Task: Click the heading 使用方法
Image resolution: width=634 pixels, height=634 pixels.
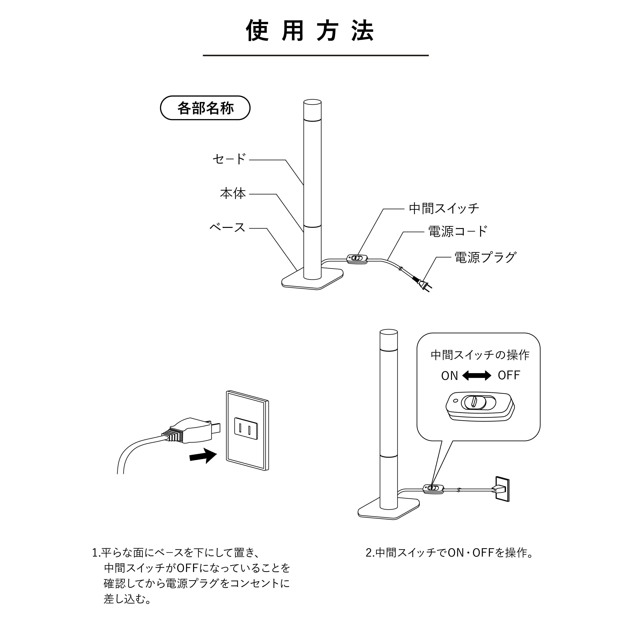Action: click(x=310, y=31)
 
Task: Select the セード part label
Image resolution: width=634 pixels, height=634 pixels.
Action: click(x=229, y=159)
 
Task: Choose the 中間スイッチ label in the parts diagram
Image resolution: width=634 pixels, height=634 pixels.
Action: click(x=444, y=208)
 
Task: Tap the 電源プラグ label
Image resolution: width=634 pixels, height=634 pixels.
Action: click(x=485, y=257)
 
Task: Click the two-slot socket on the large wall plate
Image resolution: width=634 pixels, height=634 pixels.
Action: click(x=245, y=428)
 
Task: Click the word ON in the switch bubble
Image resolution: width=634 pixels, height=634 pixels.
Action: click(x=449, y=376)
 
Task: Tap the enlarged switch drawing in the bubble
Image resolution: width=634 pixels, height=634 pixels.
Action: click(x=480, y=406)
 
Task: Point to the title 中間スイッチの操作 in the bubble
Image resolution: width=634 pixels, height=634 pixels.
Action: click(x=480, y=355)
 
